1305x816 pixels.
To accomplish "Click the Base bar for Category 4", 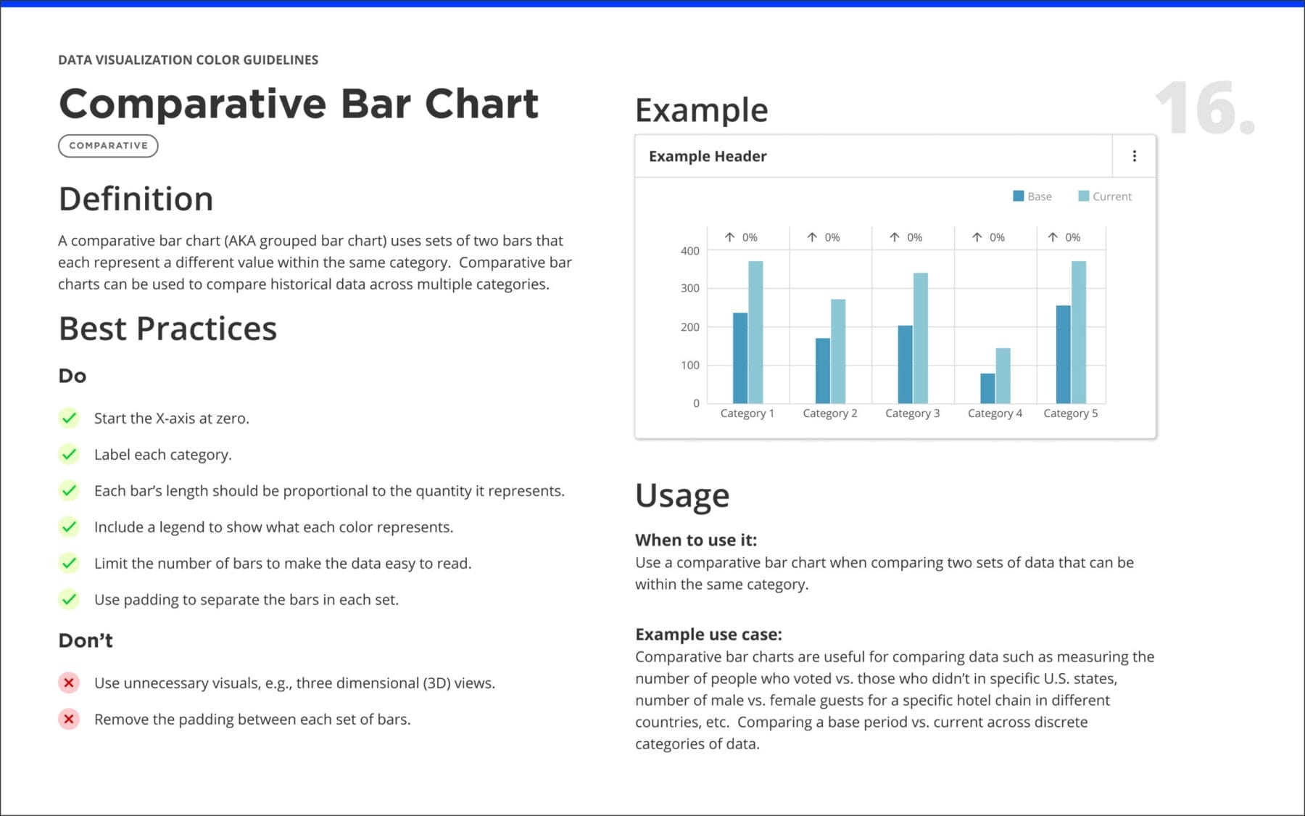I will (x=987, y=388).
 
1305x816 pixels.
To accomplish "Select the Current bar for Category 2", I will (x=837, y=352).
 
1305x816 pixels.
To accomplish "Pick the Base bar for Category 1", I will (x=740, y=358).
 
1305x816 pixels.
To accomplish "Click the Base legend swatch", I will (x=1018, y=196).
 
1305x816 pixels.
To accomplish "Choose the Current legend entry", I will (x=1105, y=196).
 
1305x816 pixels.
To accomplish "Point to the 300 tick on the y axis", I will (x=690, y=288).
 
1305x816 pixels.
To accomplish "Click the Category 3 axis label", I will (x=912, y=413).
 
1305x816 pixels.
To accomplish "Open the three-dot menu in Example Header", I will (x=1134, y=156).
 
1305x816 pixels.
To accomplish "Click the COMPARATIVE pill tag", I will (x=108, y=146).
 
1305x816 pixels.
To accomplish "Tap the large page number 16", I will (x=1204, y=109).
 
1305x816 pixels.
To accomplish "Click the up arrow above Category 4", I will (x=977, y=237).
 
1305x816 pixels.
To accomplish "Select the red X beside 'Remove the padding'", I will (x=69, y=719).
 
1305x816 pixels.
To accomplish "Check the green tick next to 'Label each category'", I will (x=69, y=454).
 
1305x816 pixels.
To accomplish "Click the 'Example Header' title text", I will (x=707, y=156).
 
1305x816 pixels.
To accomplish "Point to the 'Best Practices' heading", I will (x=167, y=329).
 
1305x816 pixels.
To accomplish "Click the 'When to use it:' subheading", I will (x=695, y=540).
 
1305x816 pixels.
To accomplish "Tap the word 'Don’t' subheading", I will (x=86, y=640).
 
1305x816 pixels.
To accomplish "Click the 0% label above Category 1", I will (x=750, y=237).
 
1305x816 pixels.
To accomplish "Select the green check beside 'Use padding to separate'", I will (x=69, y=599).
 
